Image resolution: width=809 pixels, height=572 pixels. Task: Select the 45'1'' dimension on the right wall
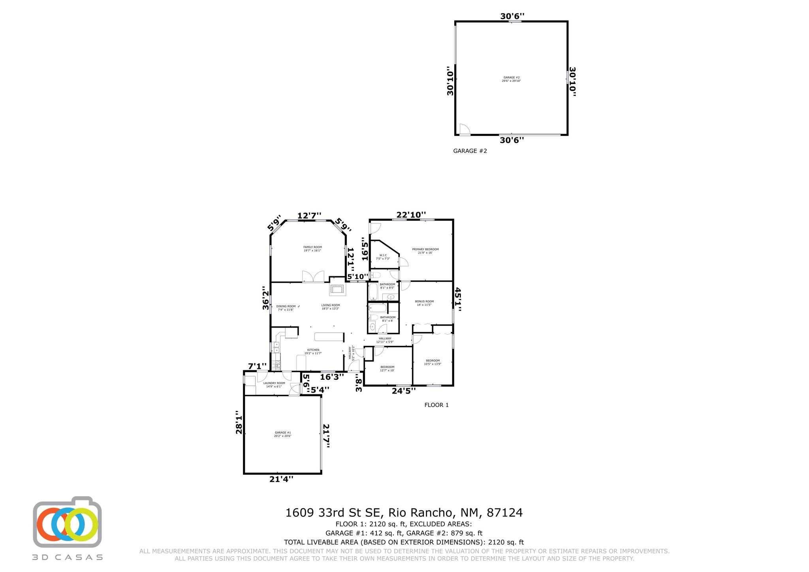point(458,300)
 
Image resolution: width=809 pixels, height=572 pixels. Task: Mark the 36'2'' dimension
point(266,300)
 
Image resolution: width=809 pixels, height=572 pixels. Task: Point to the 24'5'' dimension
point(404,391)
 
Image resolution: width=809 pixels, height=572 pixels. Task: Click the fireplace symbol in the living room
point(337,289)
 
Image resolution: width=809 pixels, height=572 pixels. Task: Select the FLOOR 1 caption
point(436,405)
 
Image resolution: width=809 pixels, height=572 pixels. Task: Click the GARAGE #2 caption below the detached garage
point(470,151)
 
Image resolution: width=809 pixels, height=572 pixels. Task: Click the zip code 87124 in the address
point(505,513)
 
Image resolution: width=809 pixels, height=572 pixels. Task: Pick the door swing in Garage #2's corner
point(464,129)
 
